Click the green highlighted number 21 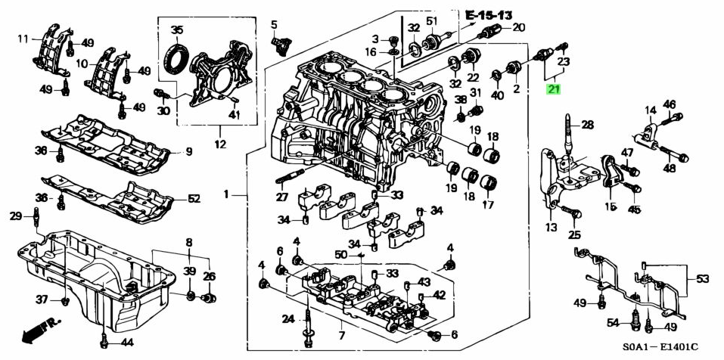[555, 89]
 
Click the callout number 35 [177, 30]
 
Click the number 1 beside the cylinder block [226, 195]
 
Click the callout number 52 [194, 199]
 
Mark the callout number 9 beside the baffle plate [189, 151]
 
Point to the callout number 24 [289, 318]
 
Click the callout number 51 [432, 20]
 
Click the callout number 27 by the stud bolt [281, 197]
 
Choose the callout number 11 [23, 39]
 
